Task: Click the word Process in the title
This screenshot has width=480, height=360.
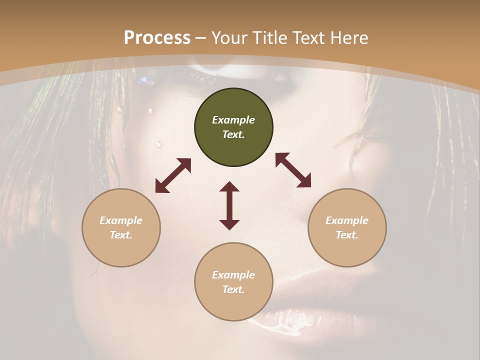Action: tap(157, 38)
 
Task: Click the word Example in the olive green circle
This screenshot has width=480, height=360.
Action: tap(233, 120)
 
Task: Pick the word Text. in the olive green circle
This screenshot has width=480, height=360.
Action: tap(233, 134)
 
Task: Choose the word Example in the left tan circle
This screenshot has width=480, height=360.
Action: tap(121, 220)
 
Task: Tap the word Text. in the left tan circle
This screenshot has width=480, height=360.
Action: tap(121, 235)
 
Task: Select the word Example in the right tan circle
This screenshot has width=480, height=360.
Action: tap(347, 220)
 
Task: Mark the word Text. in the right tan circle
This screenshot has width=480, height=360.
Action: tap(347, 235)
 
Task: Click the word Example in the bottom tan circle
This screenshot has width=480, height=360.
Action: tap(233, 275)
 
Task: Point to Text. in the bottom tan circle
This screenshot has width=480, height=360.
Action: tap(233, 289)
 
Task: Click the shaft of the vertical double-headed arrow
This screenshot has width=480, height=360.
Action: tap(229, 205)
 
